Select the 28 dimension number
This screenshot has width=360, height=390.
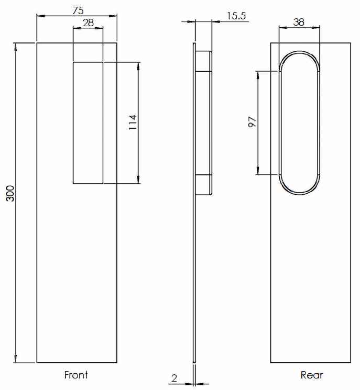point(88,23)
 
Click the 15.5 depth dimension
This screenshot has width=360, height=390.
point(236,16)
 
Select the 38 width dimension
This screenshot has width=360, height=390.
point(299,22)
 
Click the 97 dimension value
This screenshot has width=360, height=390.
point(252,122)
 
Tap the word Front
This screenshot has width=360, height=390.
point(76,375)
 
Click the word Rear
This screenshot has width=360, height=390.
point(312,375)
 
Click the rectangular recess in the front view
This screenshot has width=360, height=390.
point(88,122)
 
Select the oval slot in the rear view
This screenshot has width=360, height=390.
point(299,122)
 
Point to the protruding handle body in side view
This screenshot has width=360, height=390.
point(204,122)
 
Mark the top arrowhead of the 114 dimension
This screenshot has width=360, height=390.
point(139,65)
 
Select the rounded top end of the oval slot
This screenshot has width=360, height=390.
point(299,55)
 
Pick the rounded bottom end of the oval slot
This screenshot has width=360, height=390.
point(299,191)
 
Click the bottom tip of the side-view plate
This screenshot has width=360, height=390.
point(194,361)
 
